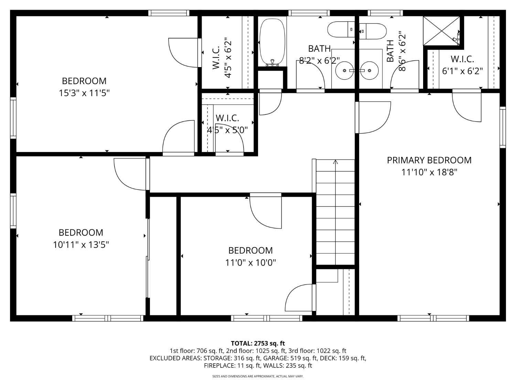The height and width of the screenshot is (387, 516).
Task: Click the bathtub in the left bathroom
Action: click(x=272, y=43)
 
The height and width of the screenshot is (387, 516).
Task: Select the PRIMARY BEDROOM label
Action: click(x=429, y=160)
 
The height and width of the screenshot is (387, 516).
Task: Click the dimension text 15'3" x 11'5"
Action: click(x=84, y=93)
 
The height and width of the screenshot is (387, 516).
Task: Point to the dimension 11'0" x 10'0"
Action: click(x=250, y=262)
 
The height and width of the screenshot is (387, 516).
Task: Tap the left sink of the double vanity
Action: click(x=345, y=70)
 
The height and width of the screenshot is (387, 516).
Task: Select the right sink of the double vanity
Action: click(x=369, y=70)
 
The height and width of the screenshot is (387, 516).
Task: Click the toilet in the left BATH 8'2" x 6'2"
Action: click(x=341, y=29)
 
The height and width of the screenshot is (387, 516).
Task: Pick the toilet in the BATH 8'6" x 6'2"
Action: click(x=373, y=31)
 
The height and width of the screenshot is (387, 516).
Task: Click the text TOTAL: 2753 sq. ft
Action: click(x=258, y=344)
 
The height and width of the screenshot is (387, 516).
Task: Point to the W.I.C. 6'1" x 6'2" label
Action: click(x=462, y=65)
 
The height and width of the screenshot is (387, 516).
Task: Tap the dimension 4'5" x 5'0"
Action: click(x=227, y=130)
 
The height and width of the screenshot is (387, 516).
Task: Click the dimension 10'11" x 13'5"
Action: click(x=81, y=245)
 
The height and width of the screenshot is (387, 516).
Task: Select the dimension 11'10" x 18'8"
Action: click(x=429, y=172)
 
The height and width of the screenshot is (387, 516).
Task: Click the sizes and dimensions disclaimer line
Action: click(x=258, y=376)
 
